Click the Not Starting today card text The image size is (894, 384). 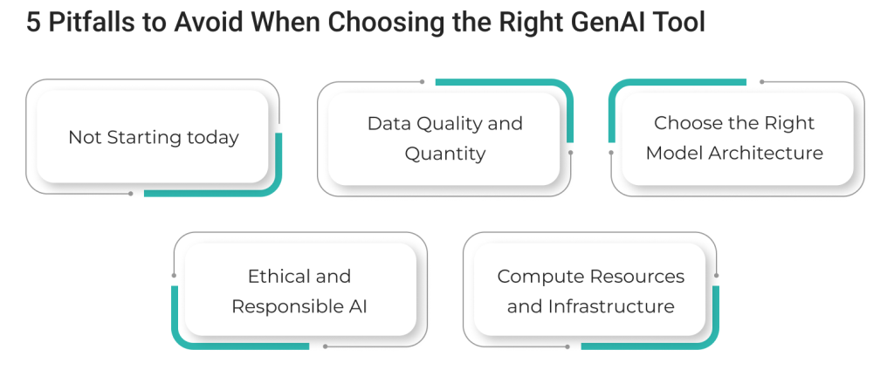coord(153,138)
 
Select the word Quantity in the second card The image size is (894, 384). coord(444,154)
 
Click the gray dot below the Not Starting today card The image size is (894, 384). coord(131,193)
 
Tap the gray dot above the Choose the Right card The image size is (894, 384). coord(762,82)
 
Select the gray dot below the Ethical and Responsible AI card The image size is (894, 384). coord(325,346)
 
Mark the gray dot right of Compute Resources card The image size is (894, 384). coord(717,276)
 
